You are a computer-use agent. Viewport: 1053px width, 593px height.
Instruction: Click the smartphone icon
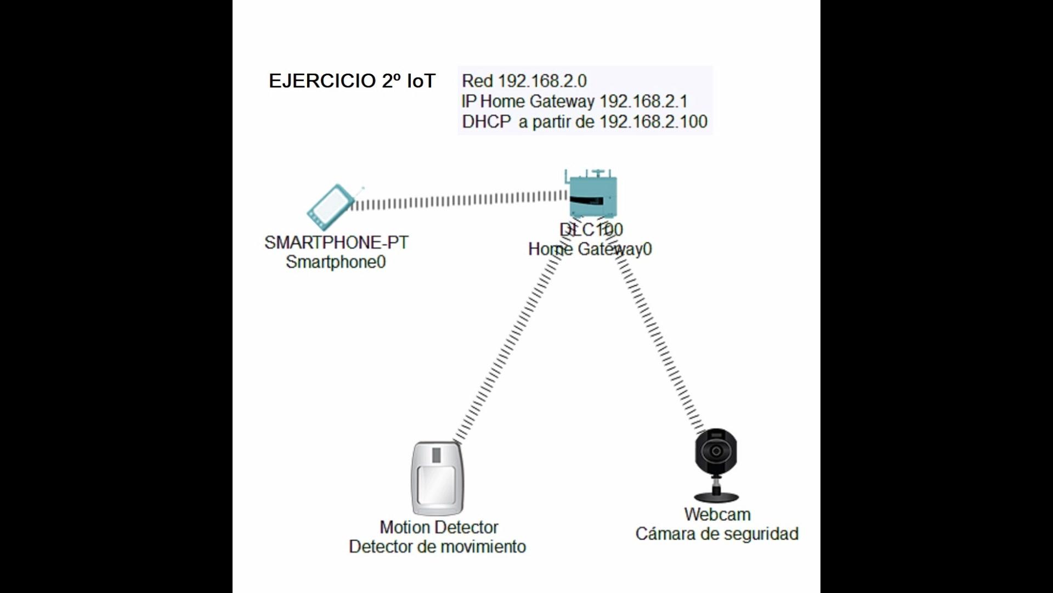[331, 208]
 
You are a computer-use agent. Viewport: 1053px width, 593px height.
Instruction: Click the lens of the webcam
[716, 451]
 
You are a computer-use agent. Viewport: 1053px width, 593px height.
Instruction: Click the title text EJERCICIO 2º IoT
[352, 81]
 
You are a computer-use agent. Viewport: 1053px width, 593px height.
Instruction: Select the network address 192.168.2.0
[542, 81]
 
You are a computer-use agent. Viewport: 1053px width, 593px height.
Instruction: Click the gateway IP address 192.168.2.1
[643, 102]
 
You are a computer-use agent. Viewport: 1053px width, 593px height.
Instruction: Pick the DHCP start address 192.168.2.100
[653, 122]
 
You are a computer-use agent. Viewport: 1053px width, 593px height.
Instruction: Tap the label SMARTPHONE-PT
[336, 243]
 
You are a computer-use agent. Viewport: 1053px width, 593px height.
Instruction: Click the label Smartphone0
[336, 262]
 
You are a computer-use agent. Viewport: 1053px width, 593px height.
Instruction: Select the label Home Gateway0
[590, 249]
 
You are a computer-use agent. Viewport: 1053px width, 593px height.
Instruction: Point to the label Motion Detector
[439, 528]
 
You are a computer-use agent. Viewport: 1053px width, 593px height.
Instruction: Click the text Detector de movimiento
[437, 547]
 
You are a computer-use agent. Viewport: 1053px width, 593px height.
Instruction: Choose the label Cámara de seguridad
[717, 534]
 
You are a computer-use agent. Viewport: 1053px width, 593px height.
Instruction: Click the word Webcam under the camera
[717, 514]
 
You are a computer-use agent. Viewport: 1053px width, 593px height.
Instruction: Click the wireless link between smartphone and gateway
[461, 200]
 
